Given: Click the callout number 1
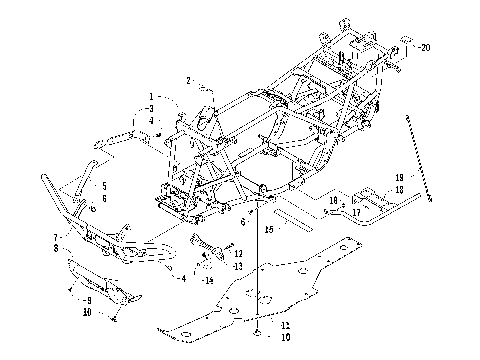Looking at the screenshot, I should (x=151, y=96).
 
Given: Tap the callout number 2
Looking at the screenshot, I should (x=187, y=79).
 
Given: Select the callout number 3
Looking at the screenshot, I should (x=151, y=108).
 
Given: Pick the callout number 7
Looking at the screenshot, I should (x=56, y=237).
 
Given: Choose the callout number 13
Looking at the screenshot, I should (x=238, y=267).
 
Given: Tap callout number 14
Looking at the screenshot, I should (x=210, y=281).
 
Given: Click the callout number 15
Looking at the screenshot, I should (x=267, y=228).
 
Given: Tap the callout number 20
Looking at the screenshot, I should (x=425, y=48).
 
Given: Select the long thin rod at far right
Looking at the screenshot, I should (x=418, y=158).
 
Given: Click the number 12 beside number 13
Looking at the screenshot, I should (x=237, y=256).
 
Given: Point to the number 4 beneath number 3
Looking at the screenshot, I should (x=151, y=120).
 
